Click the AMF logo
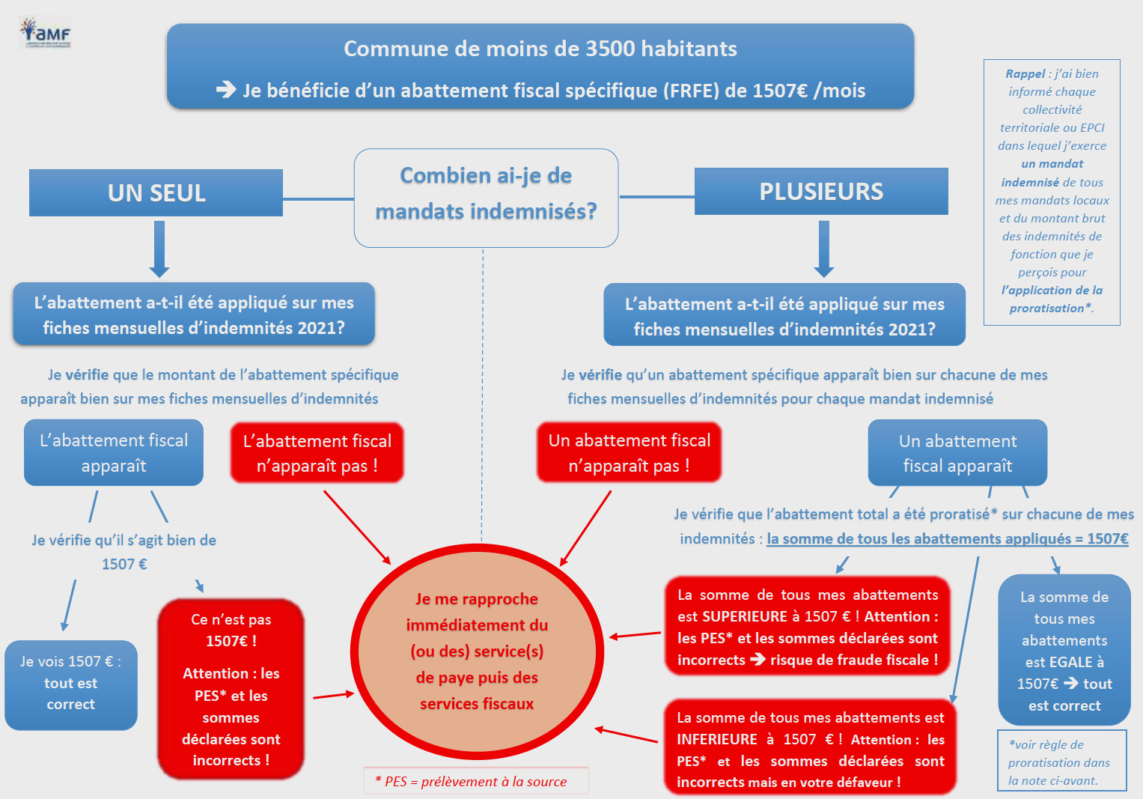[45, 32]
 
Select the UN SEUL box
[156, 192]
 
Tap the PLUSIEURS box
[821, 191]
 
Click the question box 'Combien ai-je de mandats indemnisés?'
[486, 198]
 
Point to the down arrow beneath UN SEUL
[159, 249]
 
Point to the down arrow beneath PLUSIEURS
[823, 249]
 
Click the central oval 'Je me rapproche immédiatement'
[477, 651]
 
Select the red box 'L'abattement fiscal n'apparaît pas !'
[317, 452]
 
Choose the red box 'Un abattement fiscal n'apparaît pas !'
[629, 452]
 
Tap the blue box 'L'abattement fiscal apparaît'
[113, 452]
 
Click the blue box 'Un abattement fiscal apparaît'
[957, 452]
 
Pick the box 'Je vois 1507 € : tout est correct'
[71, 684]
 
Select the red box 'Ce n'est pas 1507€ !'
[231, 689]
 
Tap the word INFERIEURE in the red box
[717, 739]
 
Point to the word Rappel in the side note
[1025, 73]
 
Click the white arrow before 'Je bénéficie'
[226, 89]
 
